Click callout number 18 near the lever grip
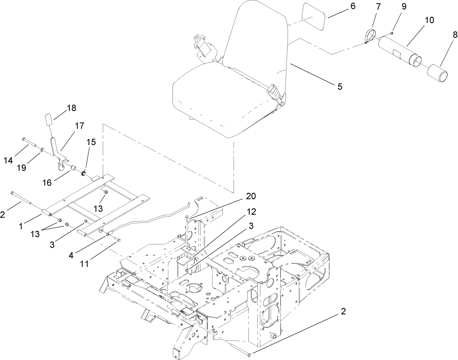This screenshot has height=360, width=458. tap(71, 108)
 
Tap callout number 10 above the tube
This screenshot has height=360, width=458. tap(429, 20)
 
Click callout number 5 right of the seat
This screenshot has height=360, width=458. tap(339, 86)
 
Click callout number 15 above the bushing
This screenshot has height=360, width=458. tap(91, 142)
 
